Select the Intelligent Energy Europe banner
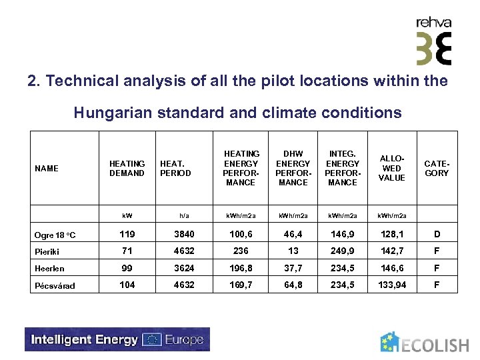click(x=117, y=339)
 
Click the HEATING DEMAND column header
click(x=127, y=168)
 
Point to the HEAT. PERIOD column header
click(x=175, y=168)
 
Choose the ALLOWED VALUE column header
click(x=391, y=168)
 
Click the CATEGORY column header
click(x=437, y=168)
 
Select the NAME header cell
click(x=47, y=169)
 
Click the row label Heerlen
click(x=51, y=269)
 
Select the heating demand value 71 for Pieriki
click(x=126, y=251)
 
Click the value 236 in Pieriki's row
click(x=241, y=251)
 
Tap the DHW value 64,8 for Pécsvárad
click(x=293, y=285)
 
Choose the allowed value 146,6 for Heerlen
click(x=391, y=268)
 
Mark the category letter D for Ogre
click(x=437, y=235)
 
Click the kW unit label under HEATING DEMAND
click(x=127, y=215)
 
